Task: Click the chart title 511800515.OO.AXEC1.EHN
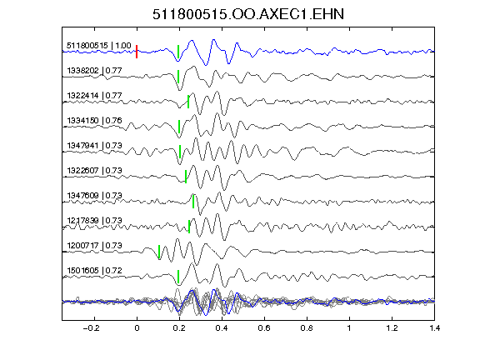[248, 14]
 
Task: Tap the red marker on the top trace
[137, 52]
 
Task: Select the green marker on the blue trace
[178, 52]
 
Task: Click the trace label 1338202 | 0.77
[94, 71]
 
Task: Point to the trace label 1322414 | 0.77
[94, 96]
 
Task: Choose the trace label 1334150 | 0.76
[94, 121]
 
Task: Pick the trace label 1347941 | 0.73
[94, 146]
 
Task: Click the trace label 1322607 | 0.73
[94, 171]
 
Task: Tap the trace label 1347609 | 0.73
[94, 196]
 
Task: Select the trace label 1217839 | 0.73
[94, 221]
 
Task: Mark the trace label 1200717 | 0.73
[94, 246]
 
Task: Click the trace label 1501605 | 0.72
[94, 271]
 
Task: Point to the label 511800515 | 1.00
[99, 46]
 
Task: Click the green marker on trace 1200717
[159, 252]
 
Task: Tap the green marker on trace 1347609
[193, 202]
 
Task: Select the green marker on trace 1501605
[178, 277]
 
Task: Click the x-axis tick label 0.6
[264, 328]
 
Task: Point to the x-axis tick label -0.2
[92, 328]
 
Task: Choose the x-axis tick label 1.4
[434, 328]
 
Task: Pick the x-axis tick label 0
[137, 328]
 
